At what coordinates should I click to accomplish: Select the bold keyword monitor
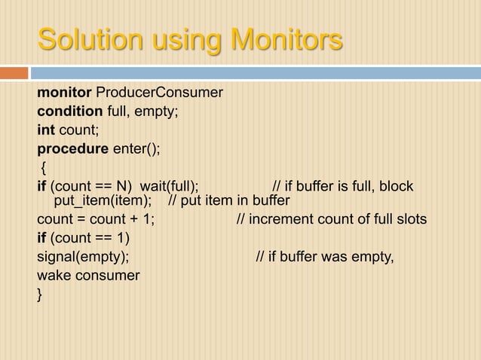64,93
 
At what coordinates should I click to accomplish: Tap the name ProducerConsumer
158,93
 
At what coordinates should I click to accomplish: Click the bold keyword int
47,130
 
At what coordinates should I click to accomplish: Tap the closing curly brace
41,294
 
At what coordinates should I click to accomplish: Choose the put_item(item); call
103,201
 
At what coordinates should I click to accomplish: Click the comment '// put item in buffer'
228,201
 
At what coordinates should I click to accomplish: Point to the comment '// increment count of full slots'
331,220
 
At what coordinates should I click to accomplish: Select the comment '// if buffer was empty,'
325,258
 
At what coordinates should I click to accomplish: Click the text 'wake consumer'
88,276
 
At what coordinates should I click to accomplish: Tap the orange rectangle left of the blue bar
14,73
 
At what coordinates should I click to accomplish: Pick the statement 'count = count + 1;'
96,220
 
